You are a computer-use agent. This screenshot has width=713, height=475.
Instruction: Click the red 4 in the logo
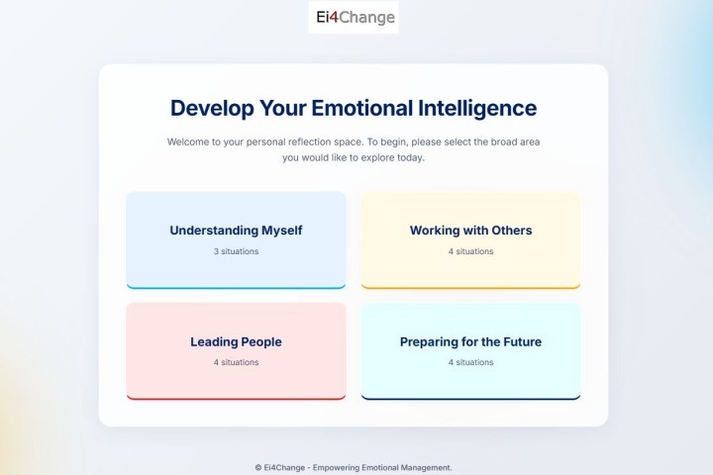click(x=334, y=17)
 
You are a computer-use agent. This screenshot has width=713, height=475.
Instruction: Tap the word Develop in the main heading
click(x=212, y=109)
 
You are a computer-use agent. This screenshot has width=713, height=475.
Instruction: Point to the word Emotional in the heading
click(x=362, y=108)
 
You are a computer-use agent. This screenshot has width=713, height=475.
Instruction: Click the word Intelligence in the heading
click(x=477, y=109)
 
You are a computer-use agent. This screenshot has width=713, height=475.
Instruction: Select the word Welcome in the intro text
click(x=189, y=142)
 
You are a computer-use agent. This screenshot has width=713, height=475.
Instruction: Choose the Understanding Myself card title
click(x=236, y=231)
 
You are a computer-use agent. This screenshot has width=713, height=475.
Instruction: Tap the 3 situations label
click(x=236, y=251)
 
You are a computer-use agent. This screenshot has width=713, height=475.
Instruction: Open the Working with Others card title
click(x=470, y=231)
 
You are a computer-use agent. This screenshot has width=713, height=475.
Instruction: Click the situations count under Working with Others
click(x=470, y=251)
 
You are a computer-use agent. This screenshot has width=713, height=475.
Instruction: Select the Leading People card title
click(x=236, y=341)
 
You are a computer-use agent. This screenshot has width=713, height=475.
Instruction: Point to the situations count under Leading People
click(x=236, y=362)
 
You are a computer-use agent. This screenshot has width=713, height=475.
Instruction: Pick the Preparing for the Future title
click(x=470, y=341)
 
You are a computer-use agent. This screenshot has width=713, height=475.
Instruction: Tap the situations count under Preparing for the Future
click(x=470, y=362)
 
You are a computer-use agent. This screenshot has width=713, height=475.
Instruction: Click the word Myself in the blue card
click(x=282, y=231)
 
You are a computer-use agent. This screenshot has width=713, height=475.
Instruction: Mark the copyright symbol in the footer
click(x=258, y=467)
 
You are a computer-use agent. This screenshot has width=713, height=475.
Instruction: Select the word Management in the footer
click(x=427, y=468)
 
